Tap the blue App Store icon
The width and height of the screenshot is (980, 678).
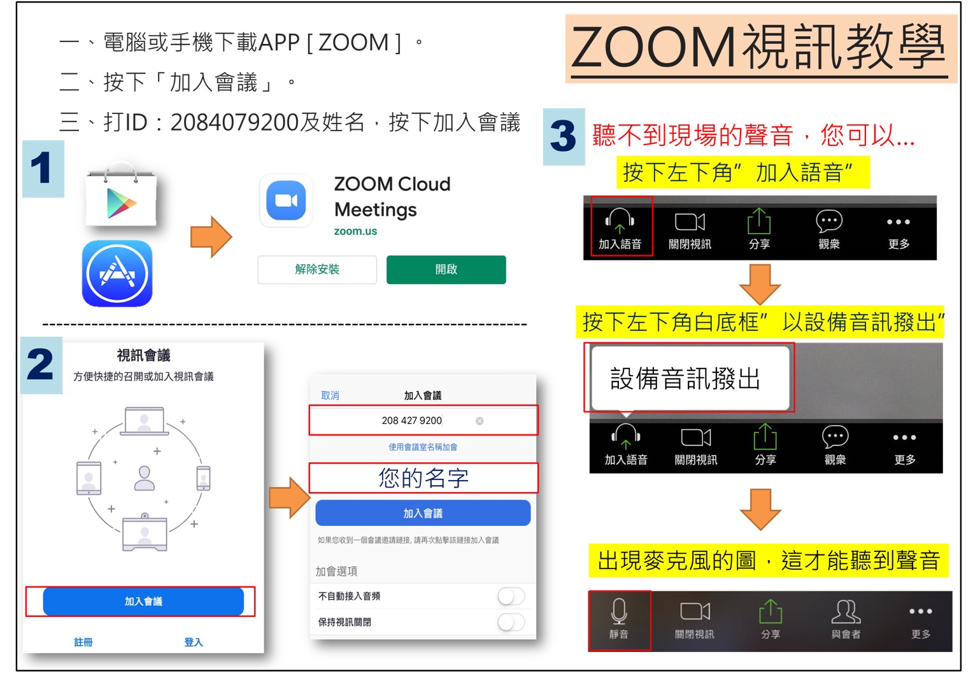(x=117, y=273)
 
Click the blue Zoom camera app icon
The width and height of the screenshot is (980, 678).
(x=286, y=201)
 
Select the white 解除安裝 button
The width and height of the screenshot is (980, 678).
(x=317, y=269)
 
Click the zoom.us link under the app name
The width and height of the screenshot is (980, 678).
(x=355, y=231)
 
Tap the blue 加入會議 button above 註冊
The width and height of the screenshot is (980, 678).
(x=143, y=602)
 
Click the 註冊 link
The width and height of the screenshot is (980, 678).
(x=83, y=642)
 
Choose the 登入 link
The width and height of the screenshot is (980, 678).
(x=194, y=642)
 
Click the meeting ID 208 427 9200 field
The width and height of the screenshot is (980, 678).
(x=423, y=420)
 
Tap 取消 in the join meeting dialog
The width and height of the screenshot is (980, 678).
(x=330, y=395)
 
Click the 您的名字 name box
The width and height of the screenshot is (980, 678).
(x=423, y=477)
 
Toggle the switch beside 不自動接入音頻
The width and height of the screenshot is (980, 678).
(x=511, y=597)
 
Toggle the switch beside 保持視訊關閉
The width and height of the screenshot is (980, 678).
(x=511, y=622)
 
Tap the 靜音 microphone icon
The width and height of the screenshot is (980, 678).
(x=618, y=611)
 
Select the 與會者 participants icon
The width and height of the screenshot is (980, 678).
(x=846, y=611)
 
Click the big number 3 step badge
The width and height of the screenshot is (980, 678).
(x=564, y=136)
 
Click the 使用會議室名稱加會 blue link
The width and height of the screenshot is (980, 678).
(x=423, y=447)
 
